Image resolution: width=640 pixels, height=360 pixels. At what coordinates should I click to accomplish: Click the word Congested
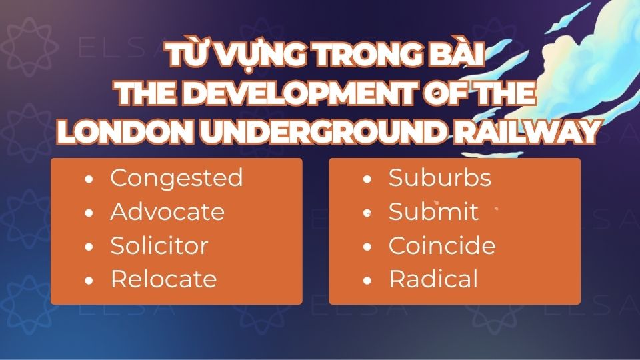pos(176,178)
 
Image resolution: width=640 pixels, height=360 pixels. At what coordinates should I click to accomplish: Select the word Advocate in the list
pos(167,212)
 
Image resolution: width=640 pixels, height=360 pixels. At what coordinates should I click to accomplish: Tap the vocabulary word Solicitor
pos(159,245)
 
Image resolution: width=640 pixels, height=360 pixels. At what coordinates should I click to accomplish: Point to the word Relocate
pos(163,279)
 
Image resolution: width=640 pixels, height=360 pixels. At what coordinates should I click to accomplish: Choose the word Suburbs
pos(439,178)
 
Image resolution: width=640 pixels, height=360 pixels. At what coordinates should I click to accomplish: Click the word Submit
pos(433,212)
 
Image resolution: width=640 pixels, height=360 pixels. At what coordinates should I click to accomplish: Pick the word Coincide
pos(442,245)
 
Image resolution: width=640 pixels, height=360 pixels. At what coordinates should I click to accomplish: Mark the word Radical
pos(433,279)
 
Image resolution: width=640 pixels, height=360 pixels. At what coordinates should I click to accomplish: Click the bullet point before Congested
pos(89,179)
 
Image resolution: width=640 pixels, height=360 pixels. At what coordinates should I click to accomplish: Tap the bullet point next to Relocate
pos(89,280)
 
